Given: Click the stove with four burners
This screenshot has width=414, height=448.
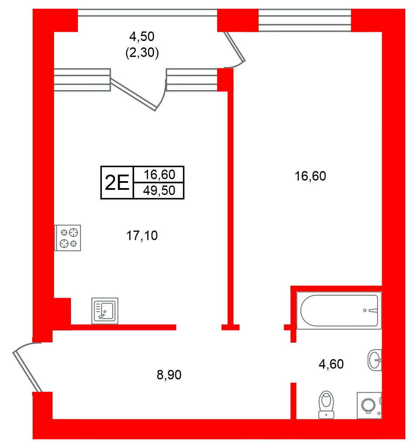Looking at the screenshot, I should pos(68,238).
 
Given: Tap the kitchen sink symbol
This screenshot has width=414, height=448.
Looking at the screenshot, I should pos(105,310).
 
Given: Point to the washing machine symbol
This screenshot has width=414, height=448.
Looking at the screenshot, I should pos(369,405).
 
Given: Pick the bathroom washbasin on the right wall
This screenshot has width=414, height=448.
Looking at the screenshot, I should pos(374,360).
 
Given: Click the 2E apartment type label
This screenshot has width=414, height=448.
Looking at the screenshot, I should pos(117,183).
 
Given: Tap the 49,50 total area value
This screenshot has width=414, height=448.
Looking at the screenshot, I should pos(159,191).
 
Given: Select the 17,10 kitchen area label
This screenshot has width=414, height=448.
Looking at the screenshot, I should pos(141,236).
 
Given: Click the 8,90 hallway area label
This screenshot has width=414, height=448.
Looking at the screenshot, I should pos(169,374).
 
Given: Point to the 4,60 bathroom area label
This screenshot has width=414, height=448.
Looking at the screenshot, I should pos(331,364).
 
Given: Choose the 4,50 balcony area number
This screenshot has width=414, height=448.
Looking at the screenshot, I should pos(142,36).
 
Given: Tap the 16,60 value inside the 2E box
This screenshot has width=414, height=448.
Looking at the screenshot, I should pos(159,175).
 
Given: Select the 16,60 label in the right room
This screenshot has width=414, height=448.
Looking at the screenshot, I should pos(310,176).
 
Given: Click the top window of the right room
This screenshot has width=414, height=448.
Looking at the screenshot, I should pos(304,20).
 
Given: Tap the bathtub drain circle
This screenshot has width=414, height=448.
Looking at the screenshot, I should pos(365,310).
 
